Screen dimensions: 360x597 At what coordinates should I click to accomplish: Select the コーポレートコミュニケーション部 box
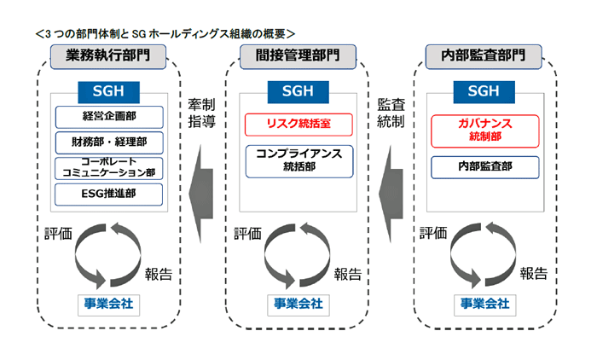pyautogui.click(x=108, y=168)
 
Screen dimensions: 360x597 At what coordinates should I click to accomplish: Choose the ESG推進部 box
pyautogui.click(x=108, y=194)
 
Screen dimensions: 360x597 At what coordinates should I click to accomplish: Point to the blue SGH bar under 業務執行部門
pyautogui.click(x=108, y=90)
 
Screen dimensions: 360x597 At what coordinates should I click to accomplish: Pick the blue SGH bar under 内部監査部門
pyautogui.click(x=484, y=90)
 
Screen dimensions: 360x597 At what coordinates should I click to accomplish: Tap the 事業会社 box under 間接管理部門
pyautogui.click(x=295, y=303)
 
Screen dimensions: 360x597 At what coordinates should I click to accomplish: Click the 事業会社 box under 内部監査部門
pyautogui.click(x=484, y=303)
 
